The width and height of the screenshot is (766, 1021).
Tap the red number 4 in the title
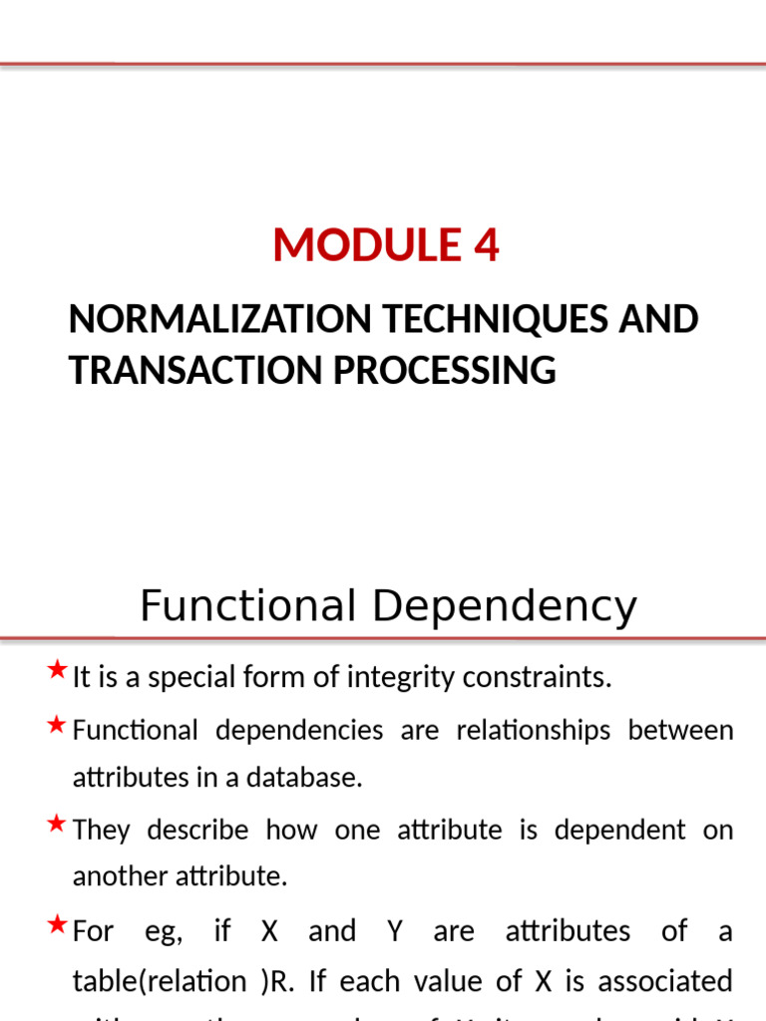(487, 245)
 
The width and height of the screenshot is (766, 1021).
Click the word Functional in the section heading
(247, 606)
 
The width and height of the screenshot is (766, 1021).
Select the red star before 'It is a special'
(57, 669)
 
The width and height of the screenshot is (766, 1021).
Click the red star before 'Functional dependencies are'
(57, 723)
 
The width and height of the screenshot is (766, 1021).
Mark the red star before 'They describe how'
(57, 823)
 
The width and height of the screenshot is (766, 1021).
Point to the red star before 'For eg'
(57, 924)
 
